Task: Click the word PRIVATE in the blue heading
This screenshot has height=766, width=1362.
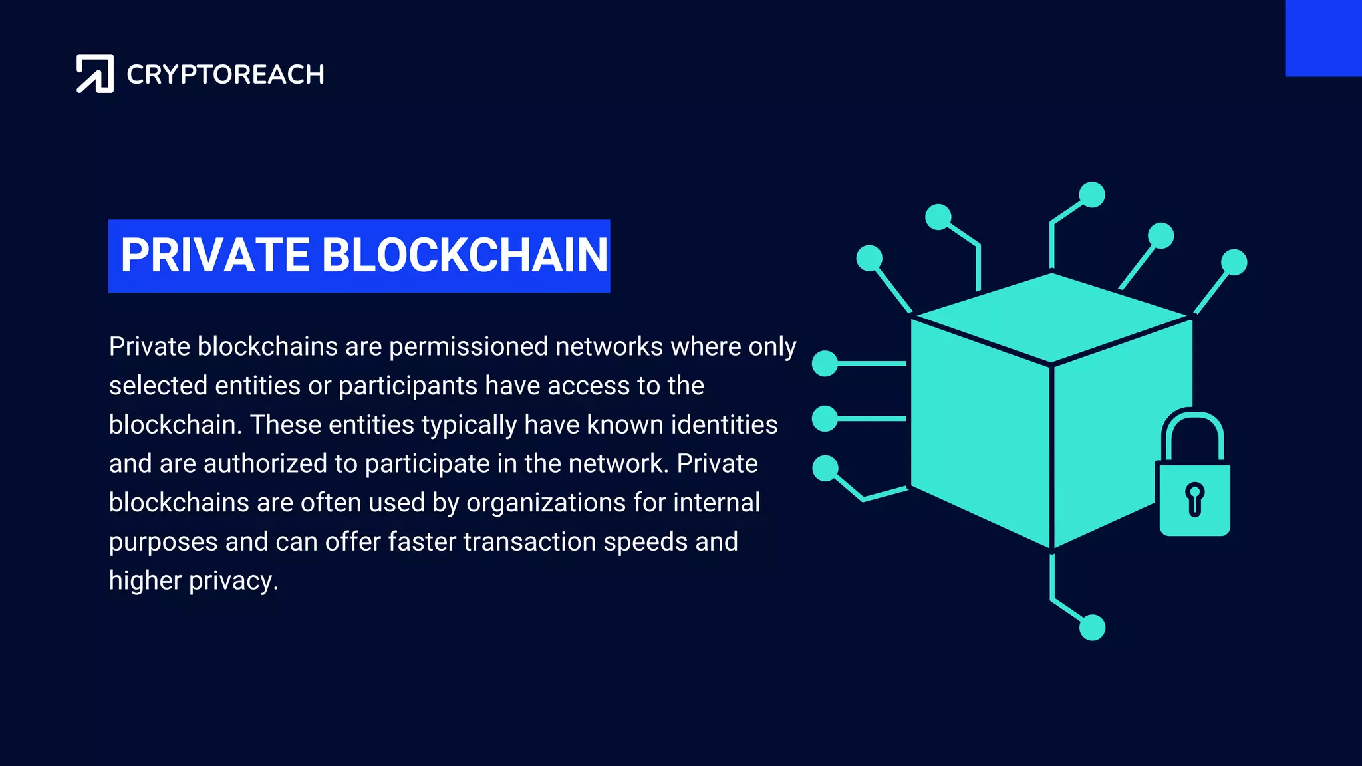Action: tap(215, 255)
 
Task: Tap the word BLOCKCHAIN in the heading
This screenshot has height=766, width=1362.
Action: tap(464, 255)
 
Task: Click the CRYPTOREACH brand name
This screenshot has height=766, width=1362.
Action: tap(225, 74)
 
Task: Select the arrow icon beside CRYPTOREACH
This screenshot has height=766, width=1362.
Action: tap(95, 73)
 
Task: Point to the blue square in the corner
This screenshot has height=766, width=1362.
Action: tap(1323, 38)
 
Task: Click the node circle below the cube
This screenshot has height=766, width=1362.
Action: tap(1092, 627)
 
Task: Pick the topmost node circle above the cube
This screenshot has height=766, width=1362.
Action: tap(1092, 195)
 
